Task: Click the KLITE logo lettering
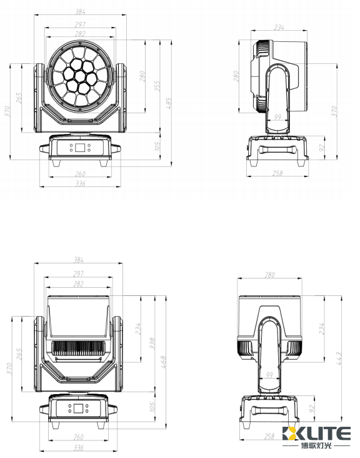point(316,434)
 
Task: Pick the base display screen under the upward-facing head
point(79,409)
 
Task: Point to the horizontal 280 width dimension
point(270,275)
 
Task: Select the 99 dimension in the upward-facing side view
point(270,375)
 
